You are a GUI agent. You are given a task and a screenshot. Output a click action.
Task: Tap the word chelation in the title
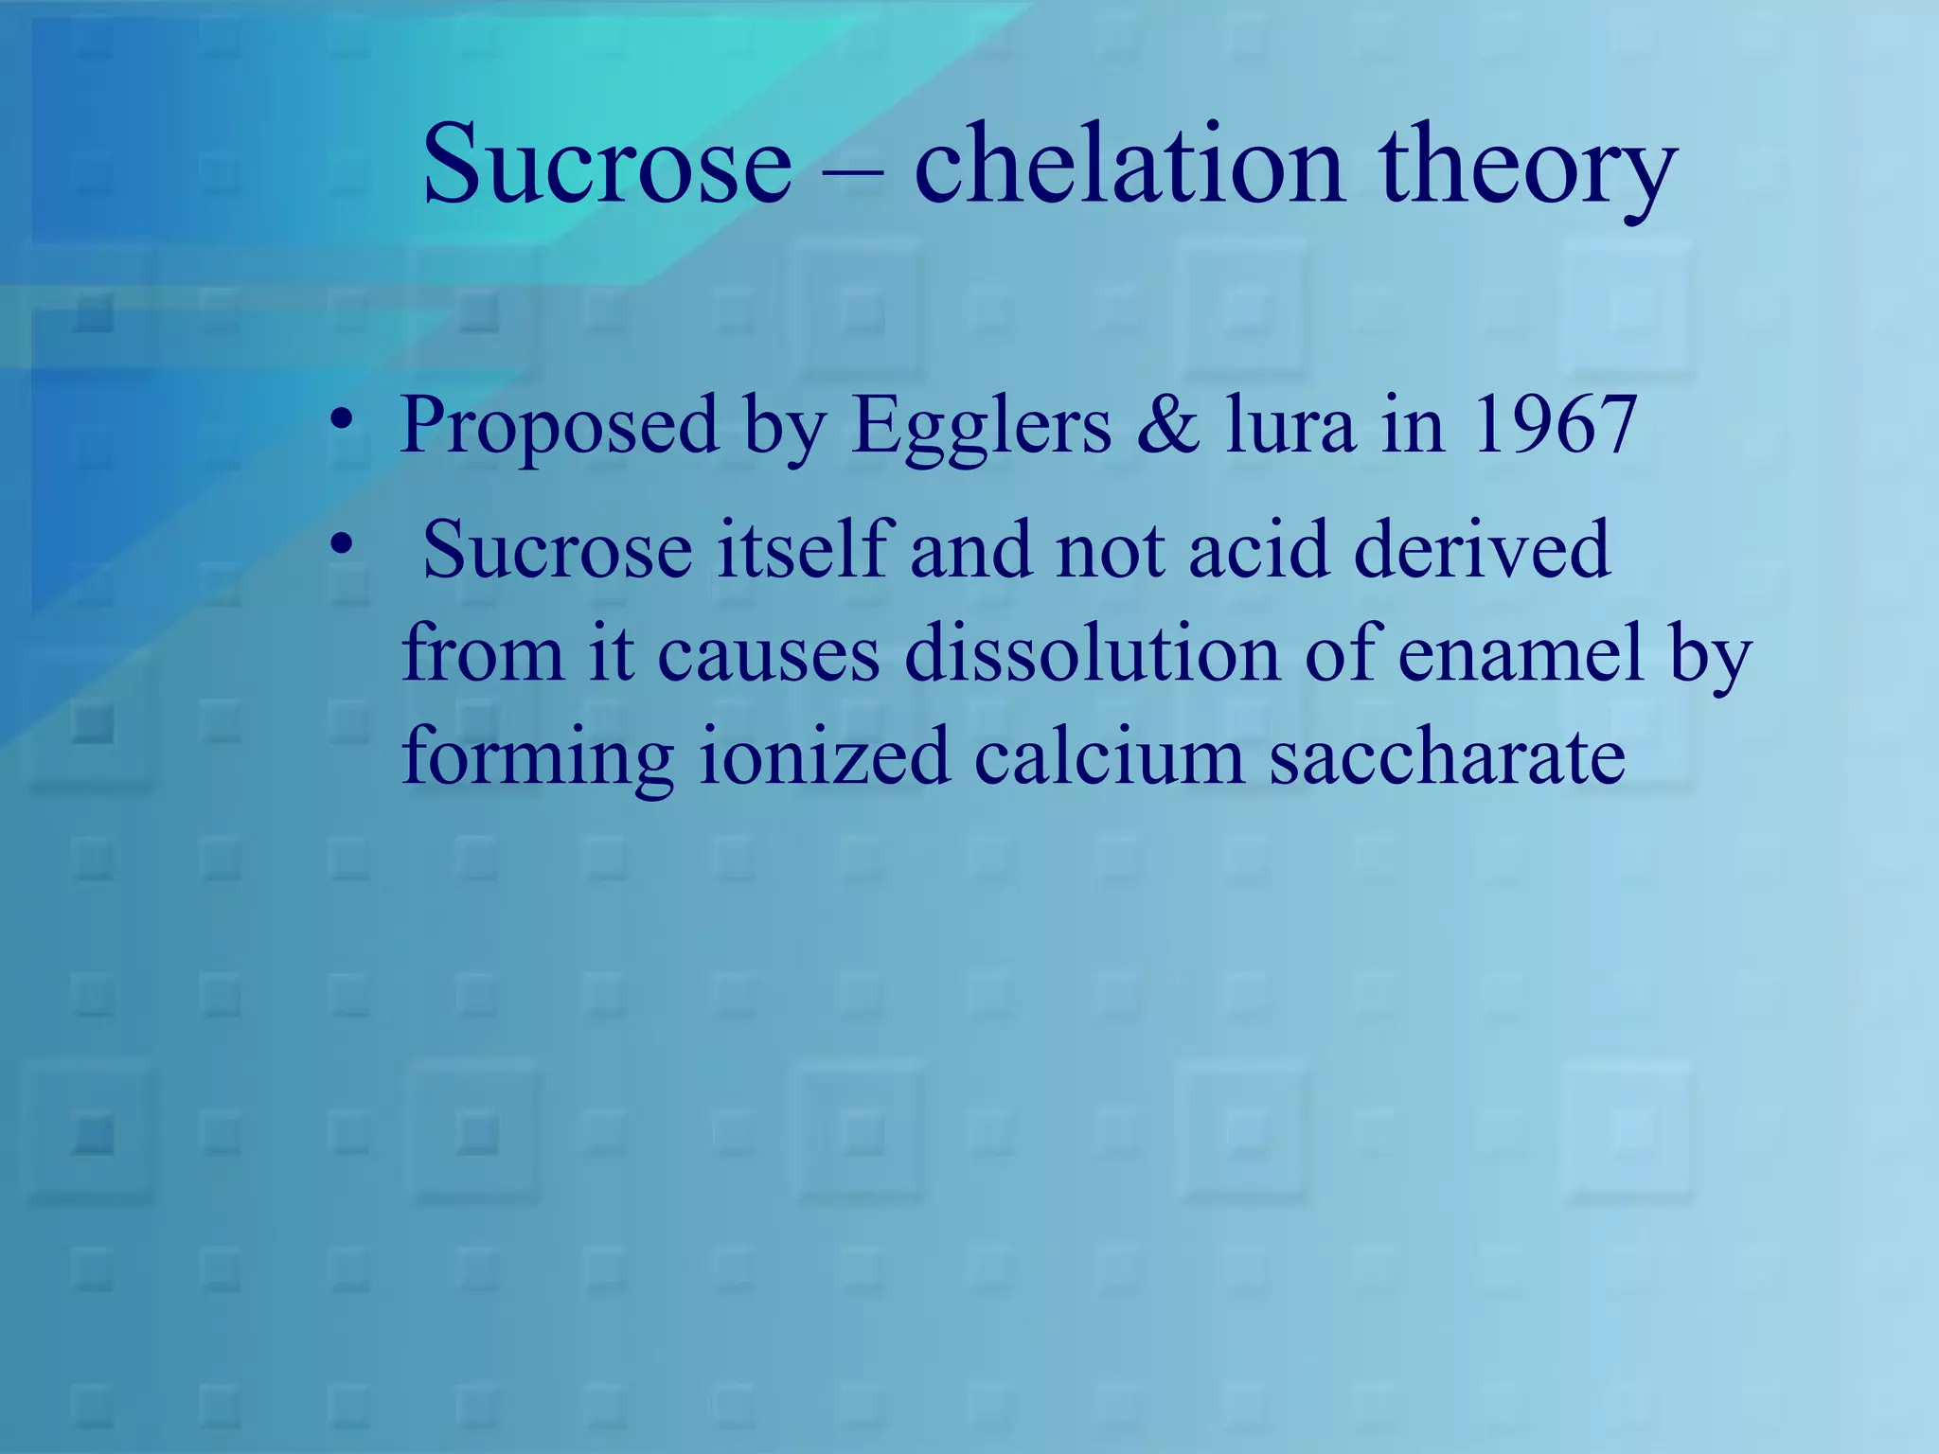coord(1129,166)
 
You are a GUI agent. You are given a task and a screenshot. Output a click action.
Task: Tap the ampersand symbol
coord(1166,426)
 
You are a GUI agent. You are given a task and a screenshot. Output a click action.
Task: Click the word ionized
coord(824,757)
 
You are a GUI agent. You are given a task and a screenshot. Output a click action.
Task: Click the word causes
coord(768,655)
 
